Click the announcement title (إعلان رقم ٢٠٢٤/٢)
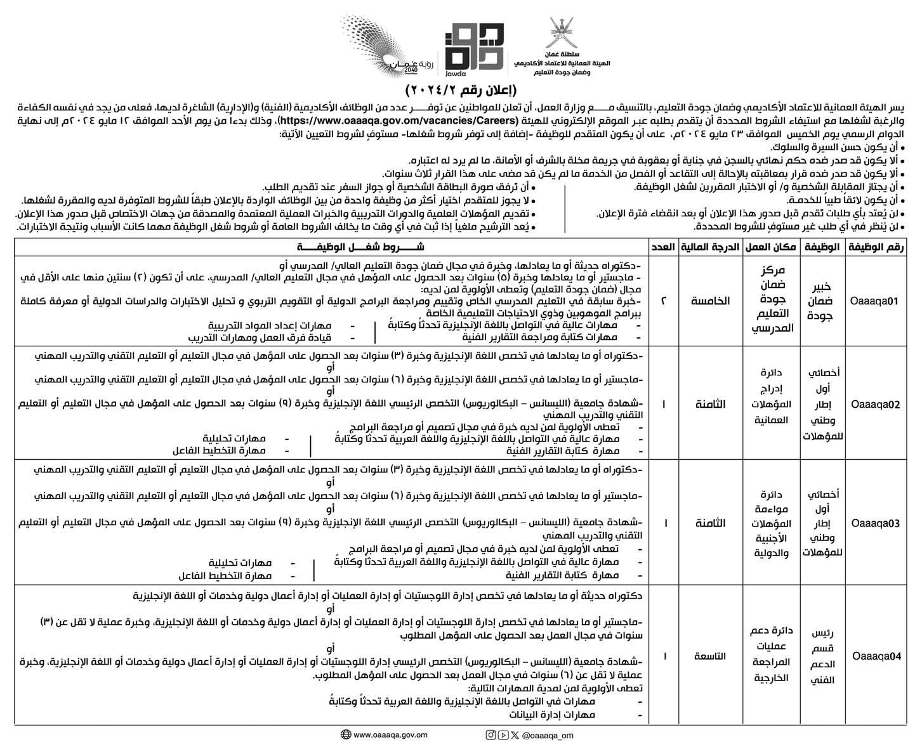pos(461,88)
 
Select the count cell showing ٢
pos(664,302)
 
